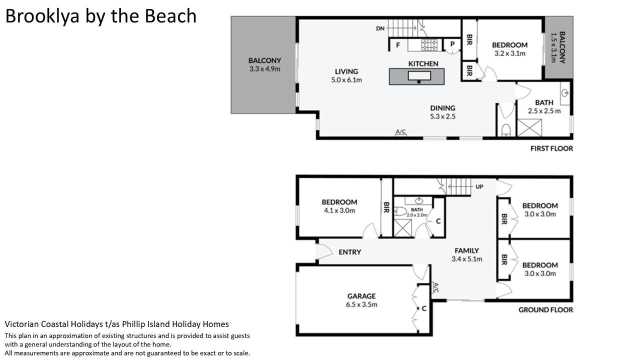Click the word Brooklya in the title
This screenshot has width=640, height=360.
coord(42,16)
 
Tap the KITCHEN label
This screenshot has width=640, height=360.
coord(423,63)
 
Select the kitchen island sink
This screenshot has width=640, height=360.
coord(419,75)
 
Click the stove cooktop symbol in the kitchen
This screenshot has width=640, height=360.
coord(429,45)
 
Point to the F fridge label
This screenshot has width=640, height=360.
coord(397,45)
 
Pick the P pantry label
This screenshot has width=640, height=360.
coord(452,44)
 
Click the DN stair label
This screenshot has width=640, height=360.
coord(380,28)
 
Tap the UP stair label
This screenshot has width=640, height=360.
coord(479,187)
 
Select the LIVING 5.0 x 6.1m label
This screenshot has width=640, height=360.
coord(346,75)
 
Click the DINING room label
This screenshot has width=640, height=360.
coord(442,108)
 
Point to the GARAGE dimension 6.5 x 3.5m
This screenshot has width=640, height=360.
coord(361,304)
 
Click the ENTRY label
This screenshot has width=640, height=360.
coord(349,252)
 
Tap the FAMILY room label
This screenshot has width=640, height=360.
coord(466,250)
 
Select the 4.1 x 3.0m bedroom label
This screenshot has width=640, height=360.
coord(339,210)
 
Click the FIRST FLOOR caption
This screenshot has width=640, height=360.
coord(551,148)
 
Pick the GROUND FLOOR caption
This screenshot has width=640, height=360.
coord(545,310)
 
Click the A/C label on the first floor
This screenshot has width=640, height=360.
coord(400,131)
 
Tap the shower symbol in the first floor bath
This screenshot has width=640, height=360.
coord(529,127)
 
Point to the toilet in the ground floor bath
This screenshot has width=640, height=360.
coord(400,211)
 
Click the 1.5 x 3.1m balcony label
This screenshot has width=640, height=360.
coord(553,47)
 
